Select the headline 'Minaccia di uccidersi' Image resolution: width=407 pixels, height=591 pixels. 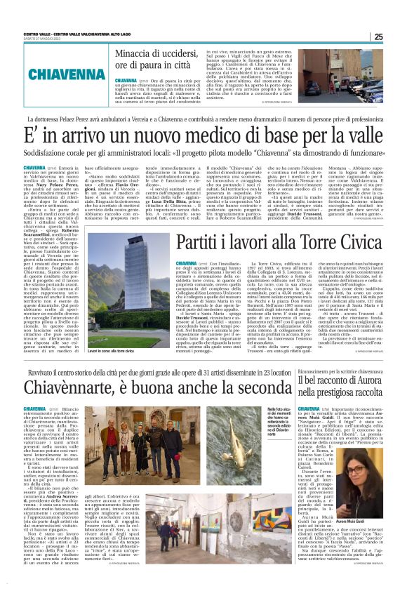pyautogui.click(x=159, y=59)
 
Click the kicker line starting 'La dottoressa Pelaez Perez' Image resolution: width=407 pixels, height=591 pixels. pyautogui.click(x=203, y=119)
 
